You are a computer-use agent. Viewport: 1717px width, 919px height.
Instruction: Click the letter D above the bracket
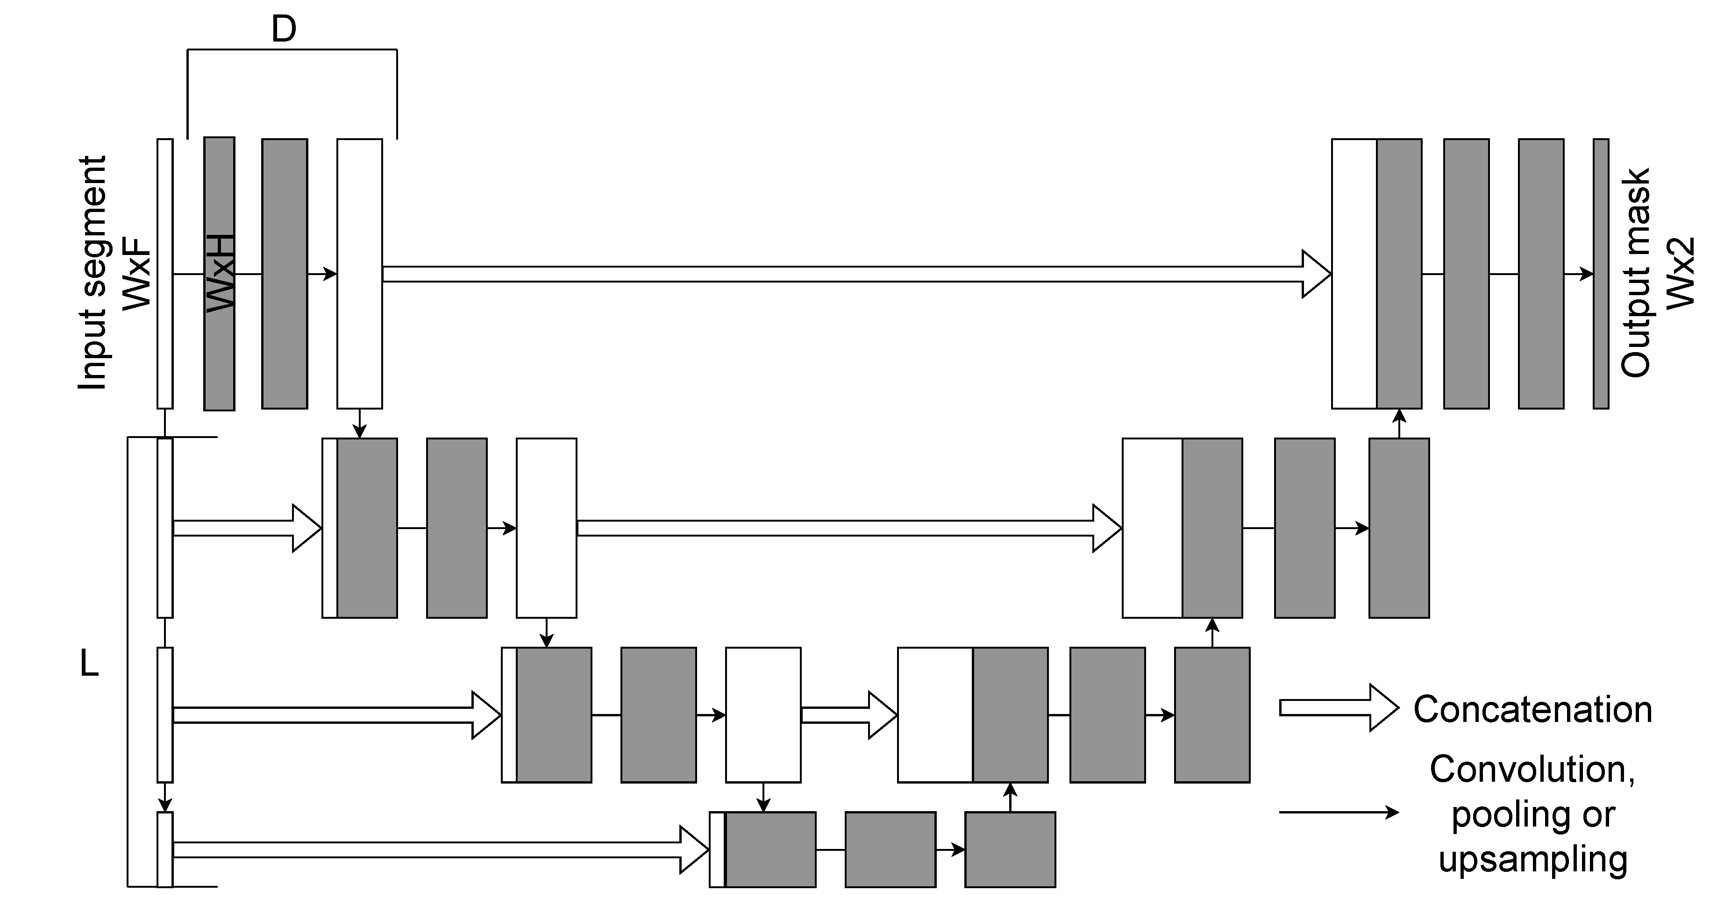[x=284, y=30]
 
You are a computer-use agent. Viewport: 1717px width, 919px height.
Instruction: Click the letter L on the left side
[x=89, y=663]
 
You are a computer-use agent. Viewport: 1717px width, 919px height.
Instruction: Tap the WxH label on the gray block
[x=221, y=273]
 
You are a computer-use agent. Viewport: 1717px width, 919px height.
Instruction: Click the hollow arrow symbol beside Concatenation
[x=1339, y=708]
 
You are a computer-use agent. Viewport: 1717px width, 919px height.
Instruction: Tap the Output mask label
[x=1635, y=273]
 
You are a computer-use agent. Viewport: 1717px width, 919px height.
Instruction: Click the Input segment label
[x=93, y=273]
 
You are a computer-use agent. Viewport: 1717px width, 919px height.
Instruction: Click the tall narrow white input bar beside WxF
[x=164, y=273]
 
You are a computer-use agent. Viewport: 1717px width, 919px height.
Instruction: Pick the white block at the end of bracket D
[x=359, y=273]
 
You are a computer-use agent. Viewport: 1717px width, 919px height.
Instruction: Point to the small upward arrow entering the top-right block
[x=1399, y=423]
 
